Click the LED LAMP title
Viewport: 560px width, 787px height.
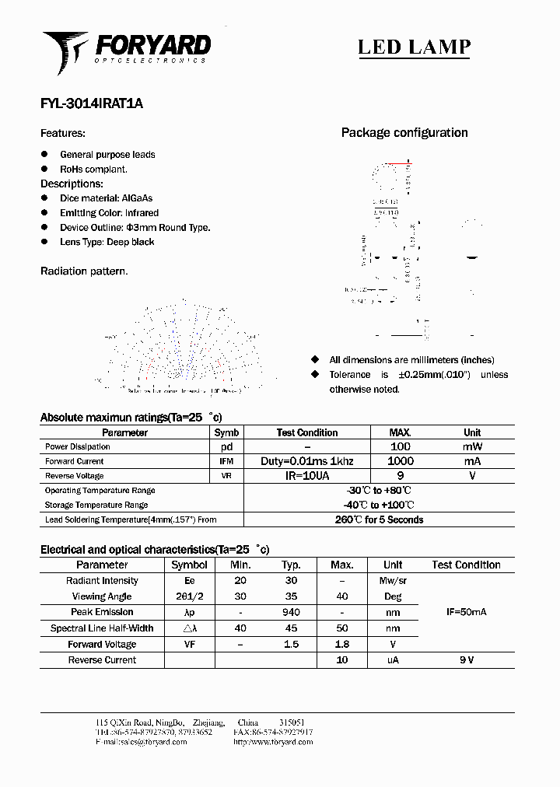(x=414, y=47)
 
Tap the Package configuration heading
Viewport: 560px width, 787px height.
(x=404, y=133)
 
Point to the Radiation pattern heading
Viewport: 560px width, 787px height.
(x=84, y=271)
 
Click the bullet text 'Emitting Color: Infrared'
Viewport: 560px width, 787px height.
(x=109, y=213)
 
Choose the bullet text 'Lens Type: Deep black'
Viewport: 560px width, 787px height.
(x=107, y=242)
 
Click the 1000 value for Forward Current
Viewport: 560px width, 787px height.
(x=400, y=461)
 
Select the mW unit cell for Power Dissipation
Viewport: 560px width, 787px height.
(x=472, y=447)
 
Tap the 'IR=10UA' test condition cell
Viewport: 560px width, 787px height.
(x=306, y=476)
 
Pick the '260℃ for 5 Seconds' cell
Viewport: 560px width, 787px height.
(x=379, y=519)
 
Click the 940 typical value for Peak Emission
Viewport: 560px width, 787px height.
(x=291, y=613)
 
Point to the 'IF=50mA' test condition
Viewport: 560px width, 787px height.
(x=466, y=613)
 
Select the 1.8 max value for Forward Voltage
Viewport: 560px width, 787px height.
(x=341, y=645)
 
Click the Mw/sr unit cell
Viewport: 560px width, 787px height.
(x=393, y=581)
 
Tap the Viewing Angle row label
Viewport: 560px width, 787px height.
(x=102, y=596)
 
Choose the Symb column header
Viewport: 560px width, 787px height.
(x=226, y=432)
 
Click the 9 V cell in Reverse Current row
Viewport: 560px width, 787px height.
(x=466, y=660)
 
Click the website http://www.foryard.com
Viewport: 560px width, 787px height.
(x=273, y=742)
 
